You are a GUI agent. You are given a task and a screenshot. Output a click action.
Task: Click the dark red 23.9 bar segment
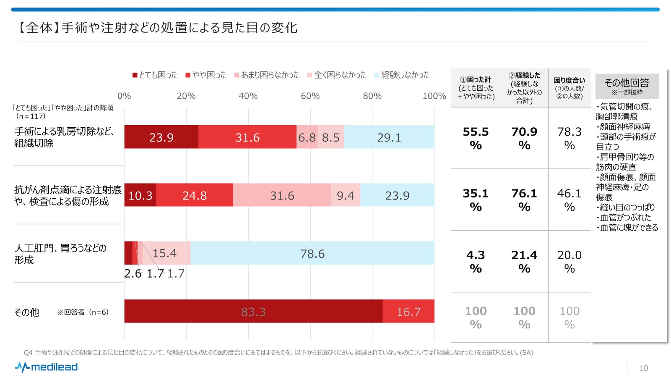[x=161, y=137]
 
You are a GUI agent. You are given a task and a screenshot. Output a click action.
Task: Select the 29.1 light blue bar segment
[x=389, y=137]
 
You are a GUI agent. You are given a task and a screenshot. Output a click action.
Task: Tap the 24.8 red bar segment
[x=195, y=195]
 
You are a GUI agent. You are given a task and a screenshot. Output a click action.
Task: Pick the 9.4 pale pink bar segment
[x=345, y=195]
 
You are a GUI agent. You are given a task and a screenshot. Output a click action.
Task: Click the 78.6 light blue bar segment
[x=312, y=253]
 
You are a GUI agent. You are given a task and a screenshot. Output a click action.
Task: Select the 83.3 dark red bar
[x=253, y=311]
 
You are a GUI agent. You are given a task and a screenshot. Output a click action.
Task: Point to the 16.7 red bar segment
[x=408, y=311]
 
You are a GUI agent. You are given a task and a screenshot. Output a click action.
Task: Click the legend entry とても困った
[x=155, y=75]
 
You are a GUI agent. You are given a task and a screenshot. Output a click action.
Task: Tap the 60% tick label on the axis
[x=310, y=96]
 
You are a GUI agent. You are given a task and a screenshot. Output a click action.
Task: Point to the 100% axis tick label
[x=434, y=96]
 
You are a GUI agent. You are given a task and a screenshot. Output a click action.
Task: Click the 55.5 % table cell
[x=476, y=138]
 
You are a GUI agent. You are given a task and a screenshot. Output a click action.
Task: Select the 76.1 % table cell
[x=524, y=200]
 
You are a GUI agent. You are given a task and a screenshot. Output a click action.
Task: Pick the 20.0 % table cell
[x=569, y=261]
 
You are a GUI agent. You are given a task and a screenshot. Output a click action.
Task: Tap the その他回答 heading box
[x=627, y=86]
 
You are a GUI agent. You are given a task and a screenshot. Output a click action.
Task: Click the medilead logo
[x=47, y=367]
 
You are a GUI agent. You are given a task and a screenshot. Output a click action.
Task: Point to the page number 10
[x=643, y=368]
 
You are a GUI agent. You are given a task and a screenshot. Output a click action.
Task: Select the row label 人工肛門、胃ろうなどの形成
[x=60, y=254]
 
